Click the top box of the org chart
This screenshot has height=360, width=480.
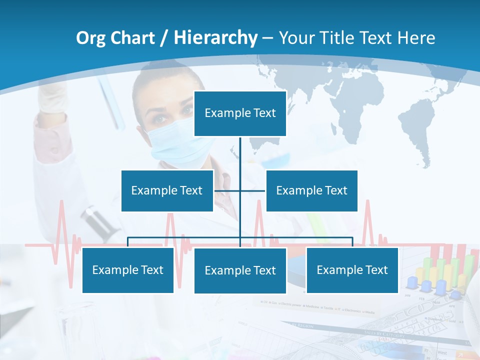tap(240, 113)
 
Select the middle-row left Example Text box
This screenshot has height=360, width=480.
tap(167, 190)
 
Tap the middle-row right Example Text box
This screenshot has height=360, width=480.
tap(311, 190)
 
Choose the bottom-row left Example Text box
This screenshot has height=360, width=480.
tap(127, 270)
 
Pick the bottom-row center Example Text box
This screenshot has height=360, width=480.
tap(240, 270)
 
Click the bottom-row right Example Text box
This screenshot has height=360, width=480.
tap(352, 270)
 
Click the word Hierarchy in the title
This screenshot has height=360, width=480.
tap(215, 38)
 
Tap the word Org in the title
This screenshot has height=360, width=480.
tap(90, 38)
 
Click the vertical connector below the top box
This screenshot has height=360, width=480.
tap(240, 160)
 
